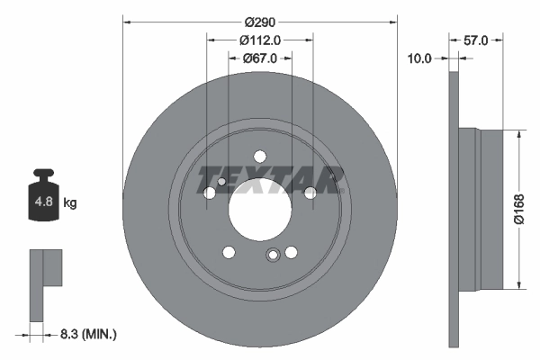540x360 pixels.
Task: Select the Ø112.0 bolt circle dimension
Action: [260, 40]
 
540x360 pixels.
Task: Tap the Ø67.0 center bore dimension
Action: [260, 58]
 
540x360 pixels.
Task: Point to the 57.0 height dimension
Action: [475, 40]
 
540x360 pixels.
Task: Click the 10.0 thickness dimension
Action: [420, 58]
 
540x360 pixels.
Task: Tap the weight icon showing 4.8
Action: [43, 198]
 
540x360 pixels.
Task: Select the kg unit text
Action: [70, 203]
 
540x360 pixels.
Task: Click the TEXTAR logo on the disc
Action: [271, 179]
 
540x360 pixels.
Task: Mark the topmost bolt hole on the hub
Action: [260, 156]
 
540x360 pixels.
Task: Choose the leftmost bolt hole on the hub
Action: [211, 193]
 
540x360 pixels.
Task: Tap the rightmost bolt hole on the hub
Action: [310, 193]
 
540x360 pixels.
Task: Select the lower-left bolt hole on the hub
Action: [229, 251]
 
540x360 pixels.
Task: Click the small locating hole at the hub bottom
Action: [272, 256]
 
